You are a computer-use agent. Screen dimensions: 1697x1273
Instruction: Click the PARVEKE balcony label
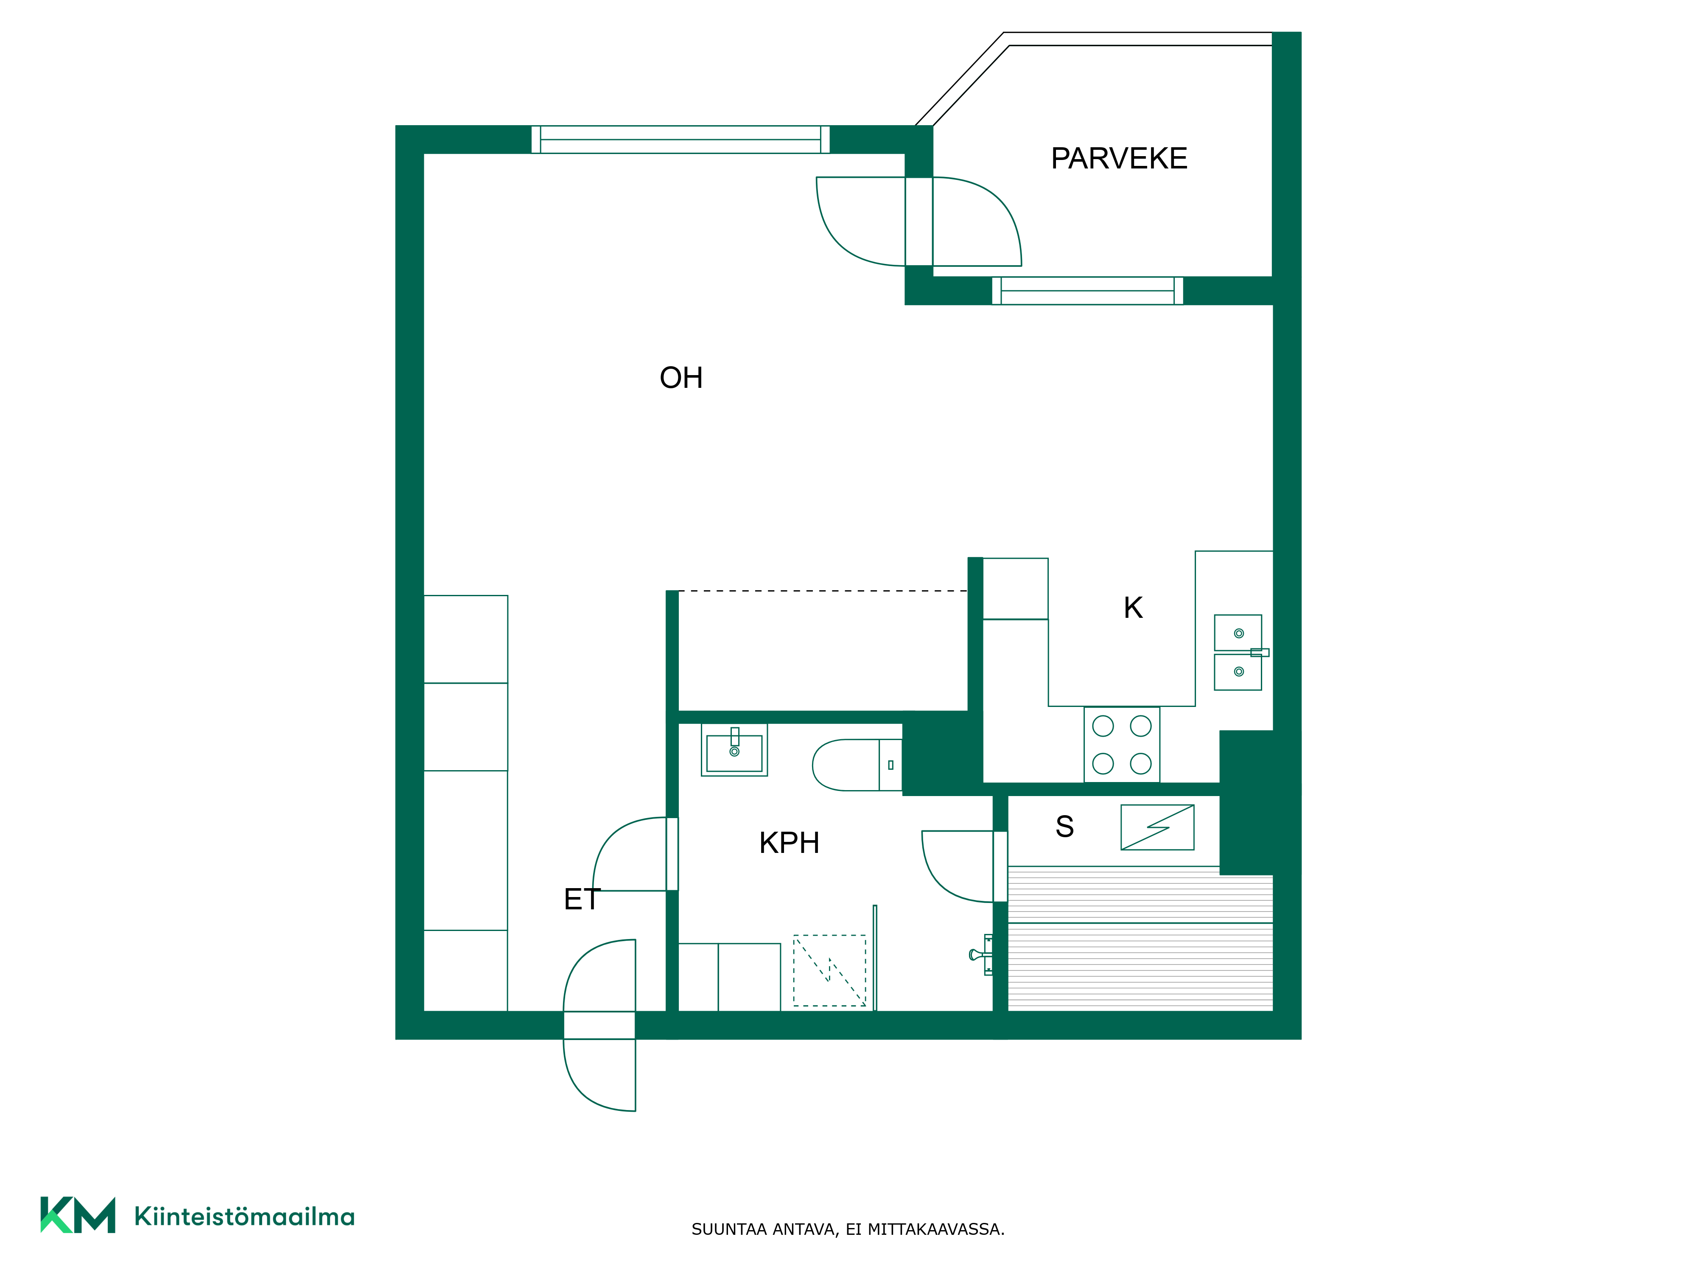pyautogui.click(x=1119, y=159)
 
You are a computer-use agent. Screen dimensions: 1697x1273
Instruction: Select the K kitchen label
pyautogui.click(x=1133, y=608)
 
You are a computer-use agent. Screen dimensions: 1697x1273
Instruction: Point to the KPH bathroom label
pyautogui.click(x=790, y=843)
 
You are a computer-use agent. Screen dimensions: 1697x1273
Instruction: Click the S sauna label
pyautogui.click(x=1065, y=827)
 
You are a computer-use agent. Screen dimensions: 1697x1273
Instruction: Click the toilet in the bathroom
pyautogui.click(x=857, y=765)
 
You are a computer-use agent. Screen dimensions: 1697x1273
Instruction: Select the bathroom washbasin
pyautogui.click(x=734, y=750)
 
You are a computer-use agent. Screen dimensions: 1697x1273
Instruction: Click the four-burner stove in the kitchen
pyautogui.click(x=1122, y=744)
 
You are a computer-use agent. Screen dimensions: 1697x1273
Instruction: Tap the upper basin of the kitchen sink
pyautogui.click(x=1238, y=632)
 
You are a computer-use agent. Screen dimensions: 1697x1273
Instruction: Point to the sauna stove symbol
pyautogui.click(x=1157, y=827)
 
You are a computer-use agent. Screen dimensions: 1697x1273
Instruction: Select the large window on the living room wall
pyautogui.click(x=680, y=140)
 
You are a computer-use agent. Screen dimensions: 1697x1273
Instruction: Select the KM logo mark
pyautogui.click(x=78, y=1215)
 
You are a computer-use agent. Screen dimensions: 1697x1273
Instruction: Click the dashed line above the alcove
pyautogui.click(x=823, y=591)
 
